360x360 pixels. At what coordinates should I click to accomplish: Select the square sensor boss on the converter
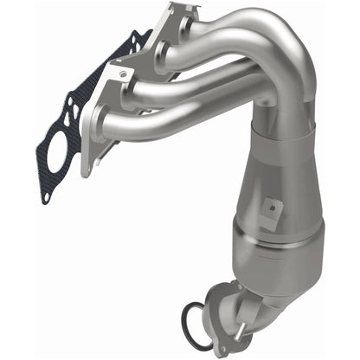click(x=274, y=207)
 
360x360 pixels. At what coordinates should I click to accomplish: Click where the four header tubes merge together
click(x=277, y=95)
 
